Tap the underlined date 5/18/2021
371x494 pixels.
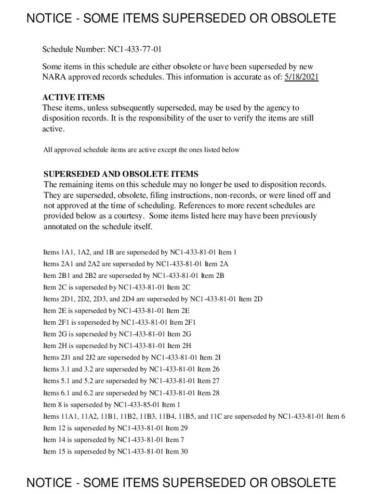(x=301, y=77)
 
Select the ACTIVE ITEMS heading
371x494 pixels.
(x=73, y=97)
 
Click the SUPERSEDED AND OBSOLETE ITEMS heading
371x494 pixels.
(x=121, y=174)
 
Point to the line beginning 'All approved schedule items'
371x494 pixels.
(x=141, y=150)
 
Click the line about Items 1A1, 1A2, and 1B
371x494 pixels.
(x=140, y=252)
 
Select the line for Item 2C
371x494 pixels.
(x=117, y=288)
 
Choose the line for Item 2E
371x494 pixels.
(x=116, y=311)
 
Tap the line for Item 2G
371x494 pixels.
(x=117, y=334)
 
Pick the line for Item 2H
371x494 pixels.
(x=117, y=346)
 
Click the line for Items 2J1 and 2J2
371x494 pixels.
(x=132, y=358)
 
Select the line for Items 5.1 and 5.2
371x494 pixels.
(x=131, y=381)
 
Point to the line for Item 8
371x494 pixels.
(x=112, y=405)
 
